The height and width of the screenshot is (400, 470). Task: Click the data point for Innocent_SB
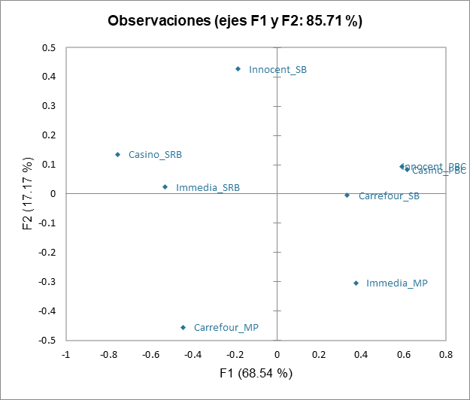pyautogui.click(x=238, y=68)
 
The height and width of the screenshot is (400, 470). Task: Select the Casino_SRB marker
pyautogui.click(x=117, y=154)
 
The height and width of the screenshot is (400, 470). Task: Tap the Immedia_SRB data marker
pyautogui.click(x=165, y=186)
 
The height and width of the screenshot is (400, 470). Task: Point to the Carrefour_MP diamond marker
pyautogui.click(x=183, y=327)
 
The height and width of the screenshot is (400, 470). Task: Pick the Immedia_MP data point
pyautogui.click(x=356, y=283)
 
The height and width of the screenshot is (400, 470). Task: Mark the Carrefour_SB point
pyautogui.click(x=347, y=195)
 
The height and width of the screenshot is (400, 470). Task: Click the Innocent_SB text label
pyautogui.click(x=277, y=70)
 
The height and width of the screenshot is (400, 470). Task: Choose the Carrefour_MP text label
pyautogui.click(x=226, y=328)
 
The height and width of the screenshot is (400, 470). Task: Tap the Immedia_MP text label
pyautogui.click(x=396, y=283)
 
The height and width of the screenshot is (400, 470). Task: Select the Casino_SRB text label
pyautogui.click(x=155, y=155)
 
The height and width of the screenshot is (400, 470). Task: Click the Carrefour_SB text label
pyautogui.click(x=389, y=196)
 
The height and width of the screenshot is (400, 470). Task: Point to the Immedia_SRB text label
pyautogui.click(x=208, y=188)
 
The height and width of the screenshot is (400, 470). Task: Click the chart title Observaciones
pyautogui.click(x=235, y=21)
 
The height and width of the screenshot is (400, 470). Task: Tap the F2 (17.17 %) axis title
pyautogui.click(x=29, y=194)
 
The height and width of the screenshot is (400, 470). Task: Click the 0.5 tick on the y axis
pyautogui.click(x=49, y=47)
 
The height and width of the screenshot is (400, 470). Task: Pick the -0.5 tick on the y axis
pyautogui.click(x=47, y=340)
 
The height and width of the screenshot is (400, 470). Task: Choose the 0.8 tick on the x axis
pyautogui.click(x=446, y=355)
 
